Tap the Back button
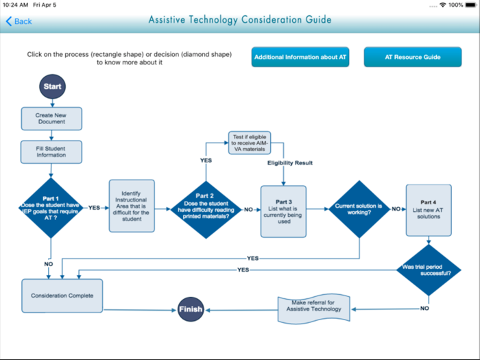[19, 21]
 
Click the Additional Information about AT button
[300, 57]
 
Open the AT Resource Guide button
[412, 57]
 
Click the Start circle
[52, 87]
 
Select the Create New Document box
[51, 119]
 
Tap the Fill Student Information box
[51, 152]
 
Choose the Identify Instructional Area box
[132, 206]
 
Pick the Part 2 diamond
[206, 208]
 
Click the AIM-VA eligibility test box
[248, 143]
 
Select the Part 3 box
[283, 211]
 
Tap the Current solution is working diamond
[359, 208]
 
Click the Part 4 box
[429, 209]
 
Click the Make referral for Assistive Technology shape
[313, 309]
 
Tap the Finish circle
[191, 309]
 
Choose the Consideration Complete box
[62, 296]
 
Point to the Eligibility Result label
[289, 163]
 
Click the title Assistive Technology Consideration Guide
[240, 20]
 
